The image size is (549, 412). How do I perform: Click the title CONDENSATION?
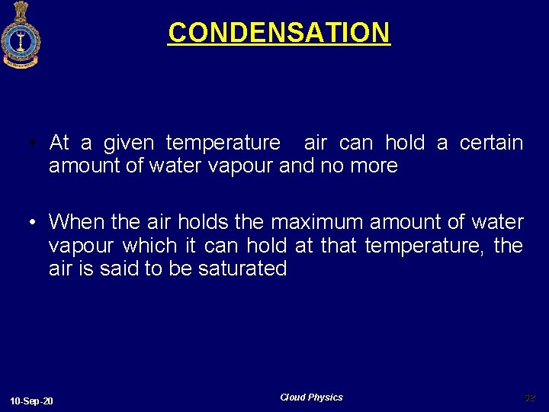point(279,33)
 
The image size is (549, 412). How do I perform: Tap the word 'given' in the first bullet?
point(128,143)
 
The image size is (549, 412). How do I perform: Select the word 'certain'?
point(491,143)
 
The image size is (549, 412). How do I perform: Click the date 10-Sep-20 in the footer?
point(32,401)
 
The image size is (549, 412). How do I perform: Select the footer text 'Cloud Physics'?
point(311,398)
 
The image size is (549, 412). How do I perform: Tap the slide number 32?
point(529,398)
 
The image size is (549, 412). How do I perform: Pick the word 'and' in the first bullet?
point(297,166)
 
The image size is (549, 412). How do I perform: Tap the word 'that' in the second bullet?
point(339,246)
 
